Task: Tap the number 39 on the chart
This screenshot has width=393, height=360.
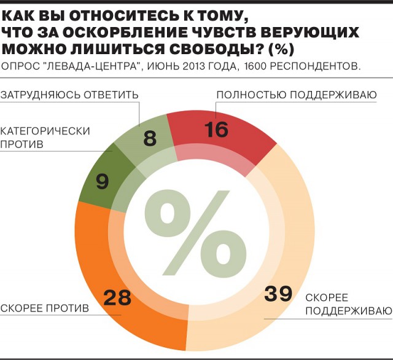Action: pos(278,294)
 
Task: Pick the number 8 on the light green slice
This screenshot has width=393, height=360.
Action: pos(150,138)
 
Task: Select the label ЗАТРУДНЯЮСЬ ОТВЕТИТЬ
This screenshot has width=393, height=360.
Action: pos(69,95)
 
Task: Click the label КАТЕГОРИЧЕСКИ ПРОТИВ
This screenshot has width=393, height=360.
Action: pos(45,136)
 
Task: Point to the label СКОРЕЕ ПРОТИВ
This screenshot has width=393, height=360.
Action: pos(45,306)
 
